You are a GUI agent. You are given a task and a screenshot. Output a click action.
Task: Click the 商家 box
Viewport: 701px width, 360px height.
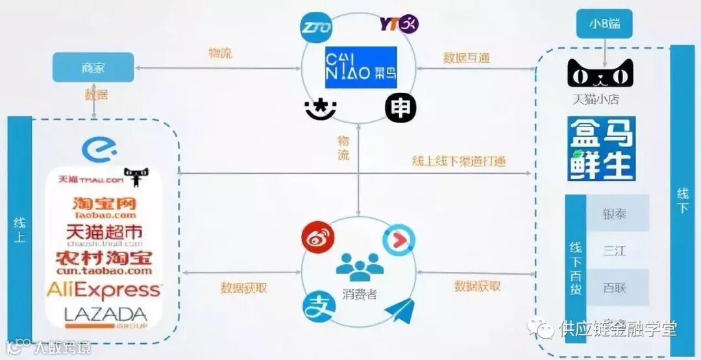tap(93, 67)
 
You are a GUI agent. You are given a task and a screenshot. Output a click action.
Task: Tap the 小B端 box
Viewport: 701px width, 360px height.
tap(604, 24)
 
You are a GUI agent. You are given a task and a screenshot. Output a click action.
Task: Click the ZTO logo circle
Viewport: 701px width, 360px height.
tap(315, 28)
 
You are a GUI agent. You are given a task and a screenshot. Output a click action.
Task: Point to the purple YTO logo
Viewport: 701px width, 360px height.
tap(399, 25)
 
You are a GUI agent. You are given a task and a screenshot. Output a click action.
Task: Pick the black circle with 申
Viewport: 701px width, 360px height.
tap(400, 108)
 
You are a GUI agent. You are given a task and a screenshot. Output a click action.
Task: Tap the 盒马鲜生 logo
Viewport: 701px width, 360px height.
tap(600, 149)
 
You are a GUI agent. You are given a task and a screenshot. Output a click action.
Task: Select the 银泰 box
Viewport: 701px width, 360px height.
tap(615, 213)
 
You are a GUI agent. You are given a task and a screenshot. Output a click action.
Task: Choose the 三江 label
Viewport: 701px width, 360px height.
tap(615, 250)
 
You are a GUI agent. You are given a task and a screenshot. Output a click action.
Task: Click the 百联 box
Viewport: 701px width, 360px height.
tap(615, 287)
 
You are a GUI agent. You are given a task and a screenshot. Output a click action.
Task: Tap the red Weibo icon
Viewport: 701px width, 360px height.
tap(316, 237)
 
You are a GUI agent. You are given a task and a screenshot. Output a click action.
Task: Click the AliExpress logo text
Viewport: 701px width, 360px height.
tap(104, 289)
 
